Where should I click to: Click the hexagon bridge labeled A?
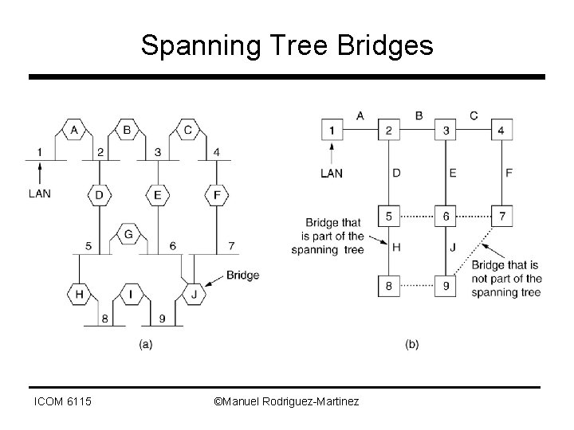tap(74, 130)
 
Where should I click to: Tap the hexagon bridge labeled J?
tap(195, 295)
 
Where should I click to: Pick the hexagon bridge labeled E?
tap(157, 194)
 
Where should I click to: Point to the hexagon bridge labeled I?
tap(131, 295)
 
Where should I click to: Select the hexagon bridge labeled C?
tap(188, 130)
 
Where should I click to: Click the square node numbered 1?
tap(332, 131)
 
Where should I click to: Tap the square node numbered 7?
tap(501, 216)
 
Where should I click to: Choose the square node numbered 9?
tap(446, 284)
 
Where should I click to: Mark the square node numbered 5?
tap(389, 216)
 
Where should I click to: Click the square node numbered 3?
tap(446, 131)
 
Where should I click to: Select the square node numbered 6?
tap(446, 216)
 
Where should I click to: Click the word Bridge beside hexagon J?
tap(242, 276)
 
